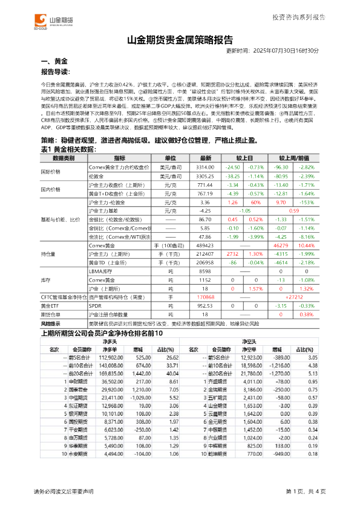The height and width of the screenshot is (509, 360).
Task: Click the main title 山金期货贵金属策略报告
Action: coord(180,41)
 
